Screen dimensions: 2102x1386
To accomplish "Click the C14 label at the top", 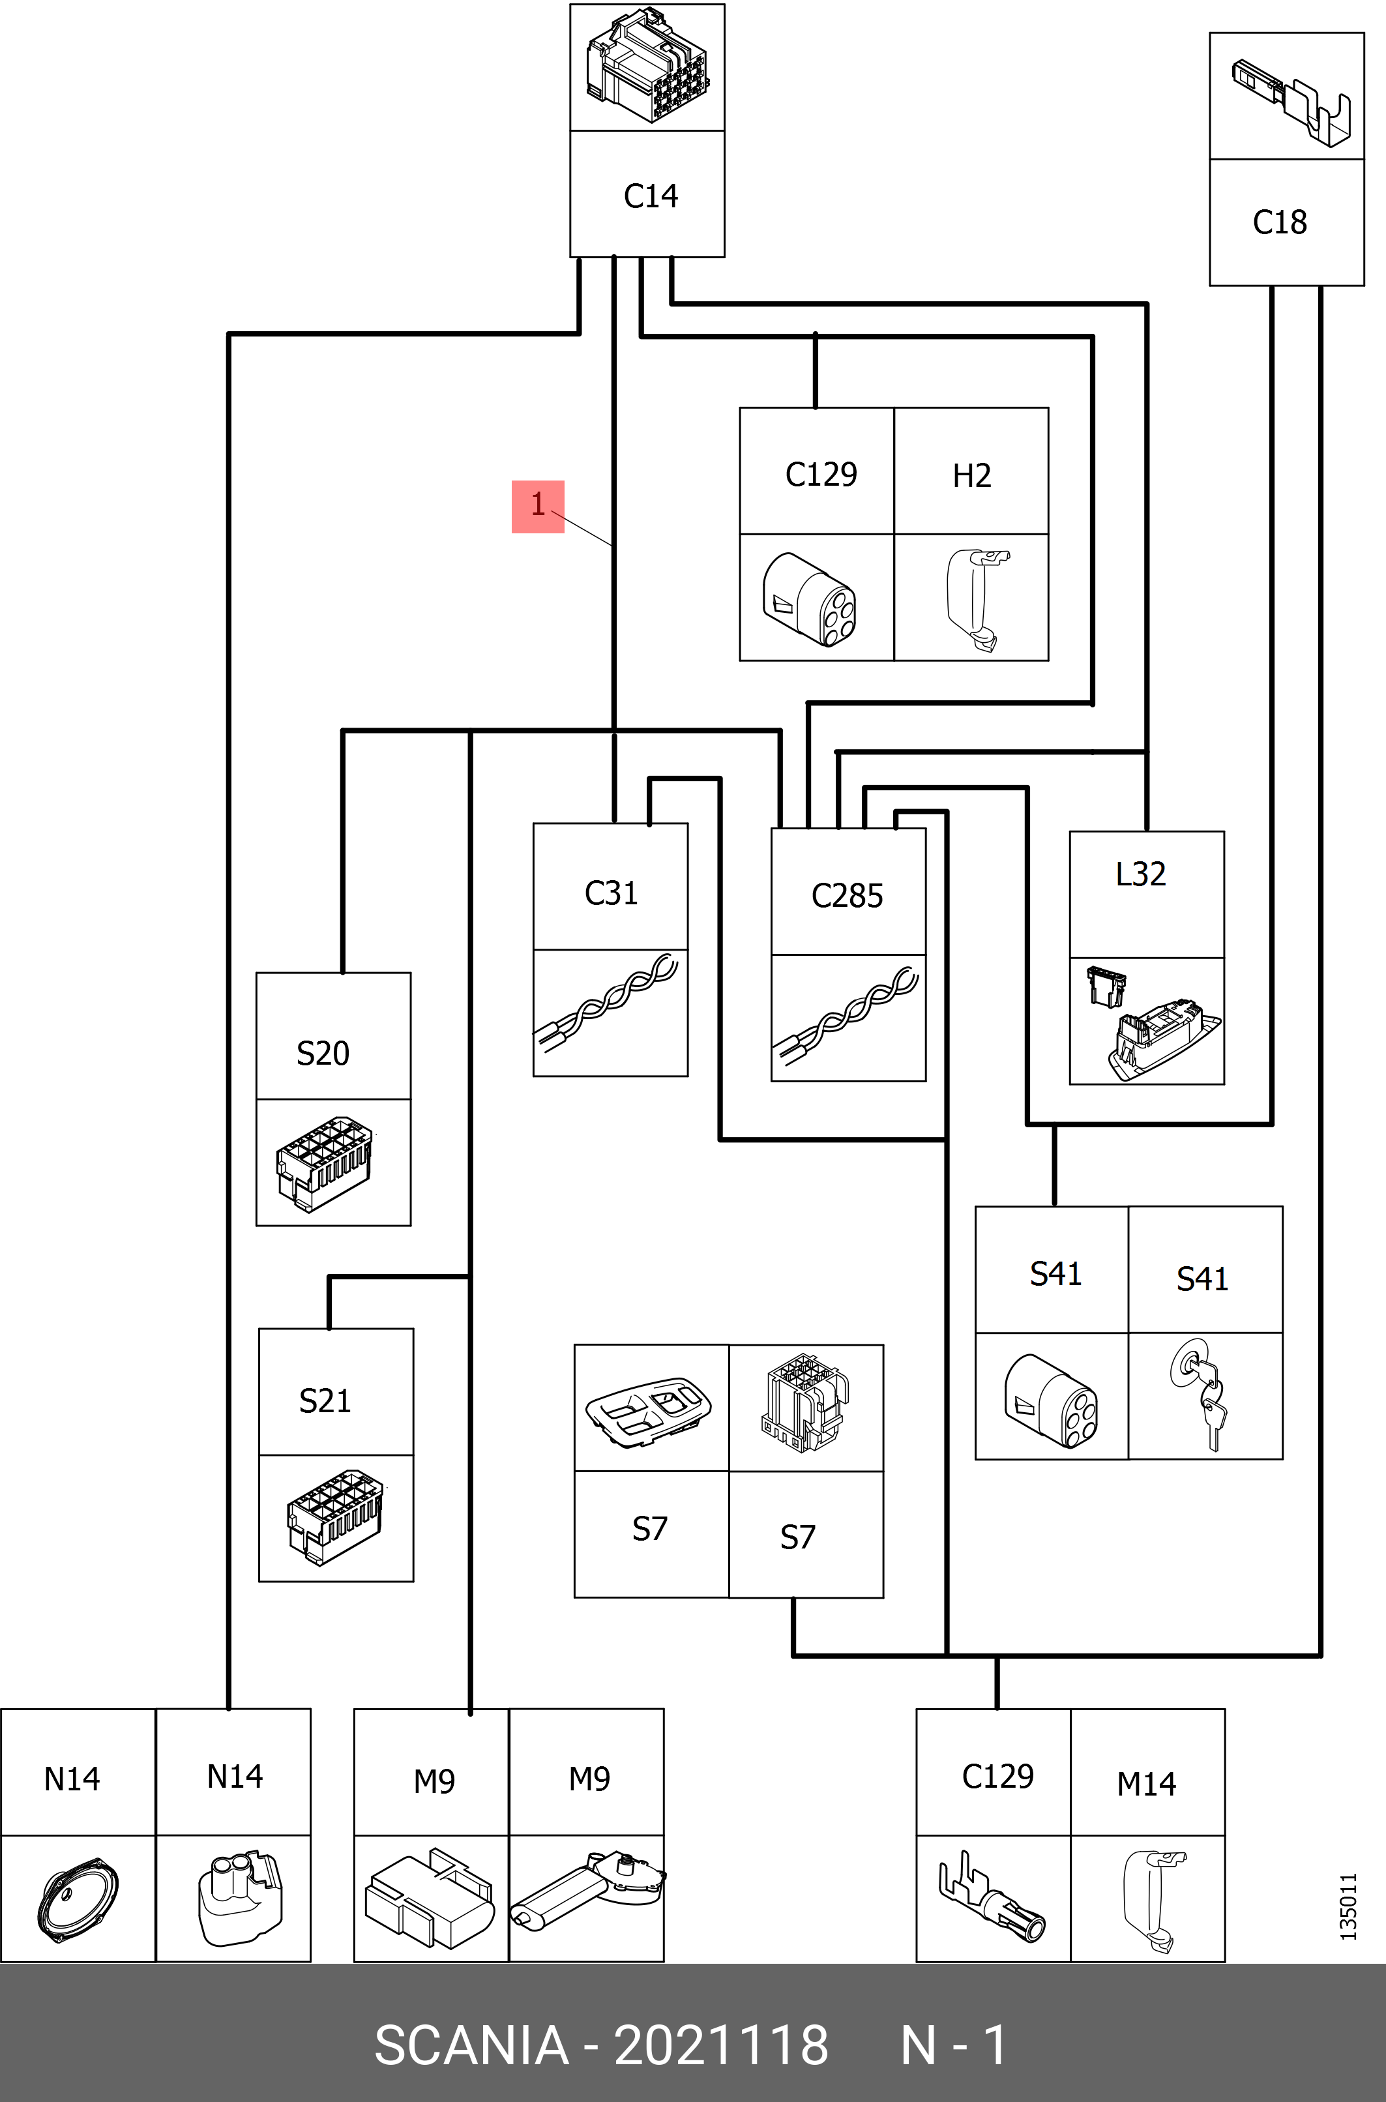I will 651,196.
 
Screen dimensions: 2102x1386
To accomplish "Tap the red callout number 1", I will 537,505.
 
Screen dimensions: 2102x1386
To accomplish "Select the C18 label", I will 1279,222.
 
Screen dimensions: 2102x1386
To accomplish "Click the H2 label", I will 971,475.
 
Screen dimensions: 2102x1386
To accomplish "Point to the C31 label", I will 611,893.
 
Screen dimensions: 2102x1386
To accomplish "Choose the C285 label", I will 847,895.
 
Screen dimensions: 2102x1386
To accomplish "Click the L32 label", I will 1140,874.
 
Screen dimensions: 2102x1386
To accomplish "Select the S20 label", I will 323,1053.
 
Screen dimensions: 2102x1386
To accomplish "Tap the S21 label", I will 325,1400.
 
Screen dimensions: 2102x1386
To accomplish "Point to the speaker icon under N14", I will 78,1898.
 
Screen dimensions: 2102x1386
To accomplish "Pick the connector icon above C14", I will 646,67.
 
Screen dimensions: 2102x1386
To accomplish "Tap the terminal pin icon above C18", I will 1290,98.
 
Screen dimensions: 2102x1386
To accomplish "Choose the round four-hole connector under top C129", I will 810,599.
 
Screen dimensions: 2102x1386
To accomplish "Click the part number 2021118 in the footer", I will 720,2045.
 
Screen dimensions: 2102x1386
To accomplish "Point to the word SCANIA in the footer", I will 471,2045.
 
